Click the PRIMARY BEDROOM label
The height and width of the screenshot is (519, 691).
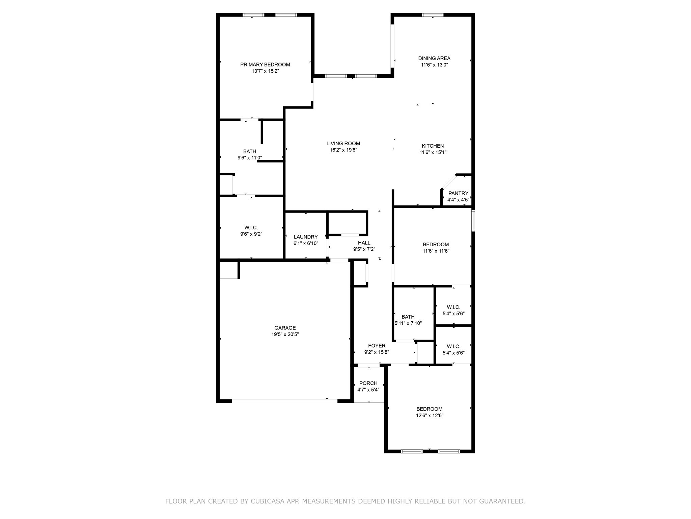(265, 65)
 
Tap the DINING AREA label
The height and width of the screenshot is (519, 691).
(434, 58)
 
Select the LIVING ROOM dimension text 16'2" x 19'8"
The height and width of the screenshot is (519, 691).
(343, 150)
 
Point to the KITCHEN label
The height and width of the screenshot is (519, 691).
(433, 146)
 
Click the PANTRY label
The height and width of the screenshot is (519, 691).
(458, 193)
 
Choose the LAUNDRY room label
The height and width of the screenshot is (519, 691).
(306, 237)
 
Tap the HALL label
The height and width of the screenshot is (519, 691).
(364, 243)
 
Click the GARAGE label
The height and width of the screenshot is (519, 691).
(285, 328)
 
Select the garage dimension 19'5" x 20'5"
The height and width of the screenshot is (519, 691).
(285, 335)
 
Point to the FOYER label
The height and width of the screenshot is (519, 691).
(377, 346)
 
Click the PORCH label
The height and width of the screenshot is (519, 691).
(368, 383)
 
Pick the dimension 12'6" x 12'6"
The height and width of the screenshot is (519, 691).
(430, 416)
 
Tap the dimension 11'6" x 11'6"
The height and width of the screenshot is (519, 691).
(436, 251)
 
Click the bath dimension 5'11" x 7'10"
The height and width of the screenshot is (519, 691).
(408, 323)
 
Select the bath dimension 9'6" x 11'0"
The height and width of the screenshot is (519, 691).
(250, 158)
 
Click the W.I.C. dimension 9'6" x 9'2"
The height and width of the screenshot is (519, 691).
(251, 234)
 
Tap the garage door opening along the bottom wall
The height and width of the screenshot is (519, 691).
(284, 401)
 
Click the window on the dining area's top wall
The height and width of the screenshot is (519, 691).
(433, 15)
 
